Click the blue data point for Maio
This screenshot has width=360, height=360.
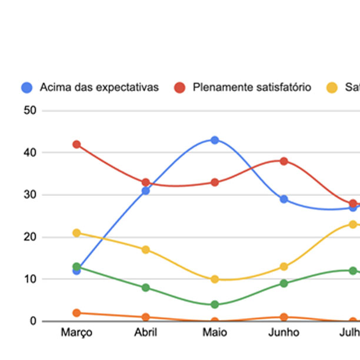215,140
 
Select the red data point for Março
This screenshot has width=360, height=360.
76,144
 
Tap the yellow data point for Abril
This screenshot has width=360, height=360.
145,249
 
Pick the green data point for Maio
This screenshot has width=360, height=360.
215,304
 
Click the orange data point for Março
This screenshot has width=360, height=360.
76,313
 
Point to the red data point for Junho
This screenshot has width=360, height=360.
284,161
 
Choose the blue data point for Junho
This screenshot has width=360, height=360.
284,199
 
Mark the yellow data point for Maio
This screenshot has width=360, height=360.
215,279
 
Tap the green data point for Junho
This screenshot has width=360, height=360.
284,283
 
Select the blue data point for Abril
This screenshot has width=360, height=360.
145,191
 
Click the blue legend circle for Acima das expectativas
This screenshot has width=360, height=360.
26,88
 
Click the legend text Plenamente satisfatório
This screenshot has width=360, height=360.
252,88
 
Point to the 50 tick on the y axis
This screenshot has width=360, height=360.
29,111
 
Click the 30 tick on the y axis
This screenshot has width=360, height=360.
29,195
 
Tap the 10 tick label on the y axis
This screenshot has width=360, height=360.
29,279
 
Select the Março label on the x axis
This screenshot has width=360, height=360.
76,333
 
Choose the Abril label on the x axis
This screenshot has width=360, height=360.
145,333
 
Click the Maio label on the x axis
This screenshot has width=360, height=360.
215,333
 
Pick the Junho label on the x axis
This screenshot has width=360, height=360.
284,333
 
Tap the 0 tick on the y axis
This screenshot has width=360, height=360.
33,321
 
